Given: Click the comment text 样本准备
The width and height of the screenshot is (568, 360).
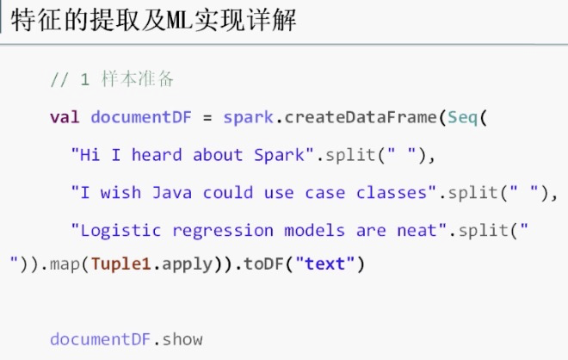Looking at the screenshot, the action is tap(138, 79).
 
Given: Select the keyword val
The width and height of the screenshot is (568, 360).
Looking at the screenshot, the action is tap(65, 117).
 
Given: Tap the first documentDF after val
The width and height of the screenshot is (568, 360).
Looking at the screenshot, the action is tap(140, 117).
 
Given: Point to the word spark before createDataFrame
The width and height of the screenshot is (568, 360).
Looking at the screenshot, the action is tap(248, 117).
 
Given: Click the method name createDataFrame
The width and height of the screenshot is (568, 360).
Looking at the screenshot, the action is tap(361, 117).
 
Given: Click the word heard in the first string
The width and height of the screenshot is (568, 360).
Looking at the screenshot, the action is tap(157, 155).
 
